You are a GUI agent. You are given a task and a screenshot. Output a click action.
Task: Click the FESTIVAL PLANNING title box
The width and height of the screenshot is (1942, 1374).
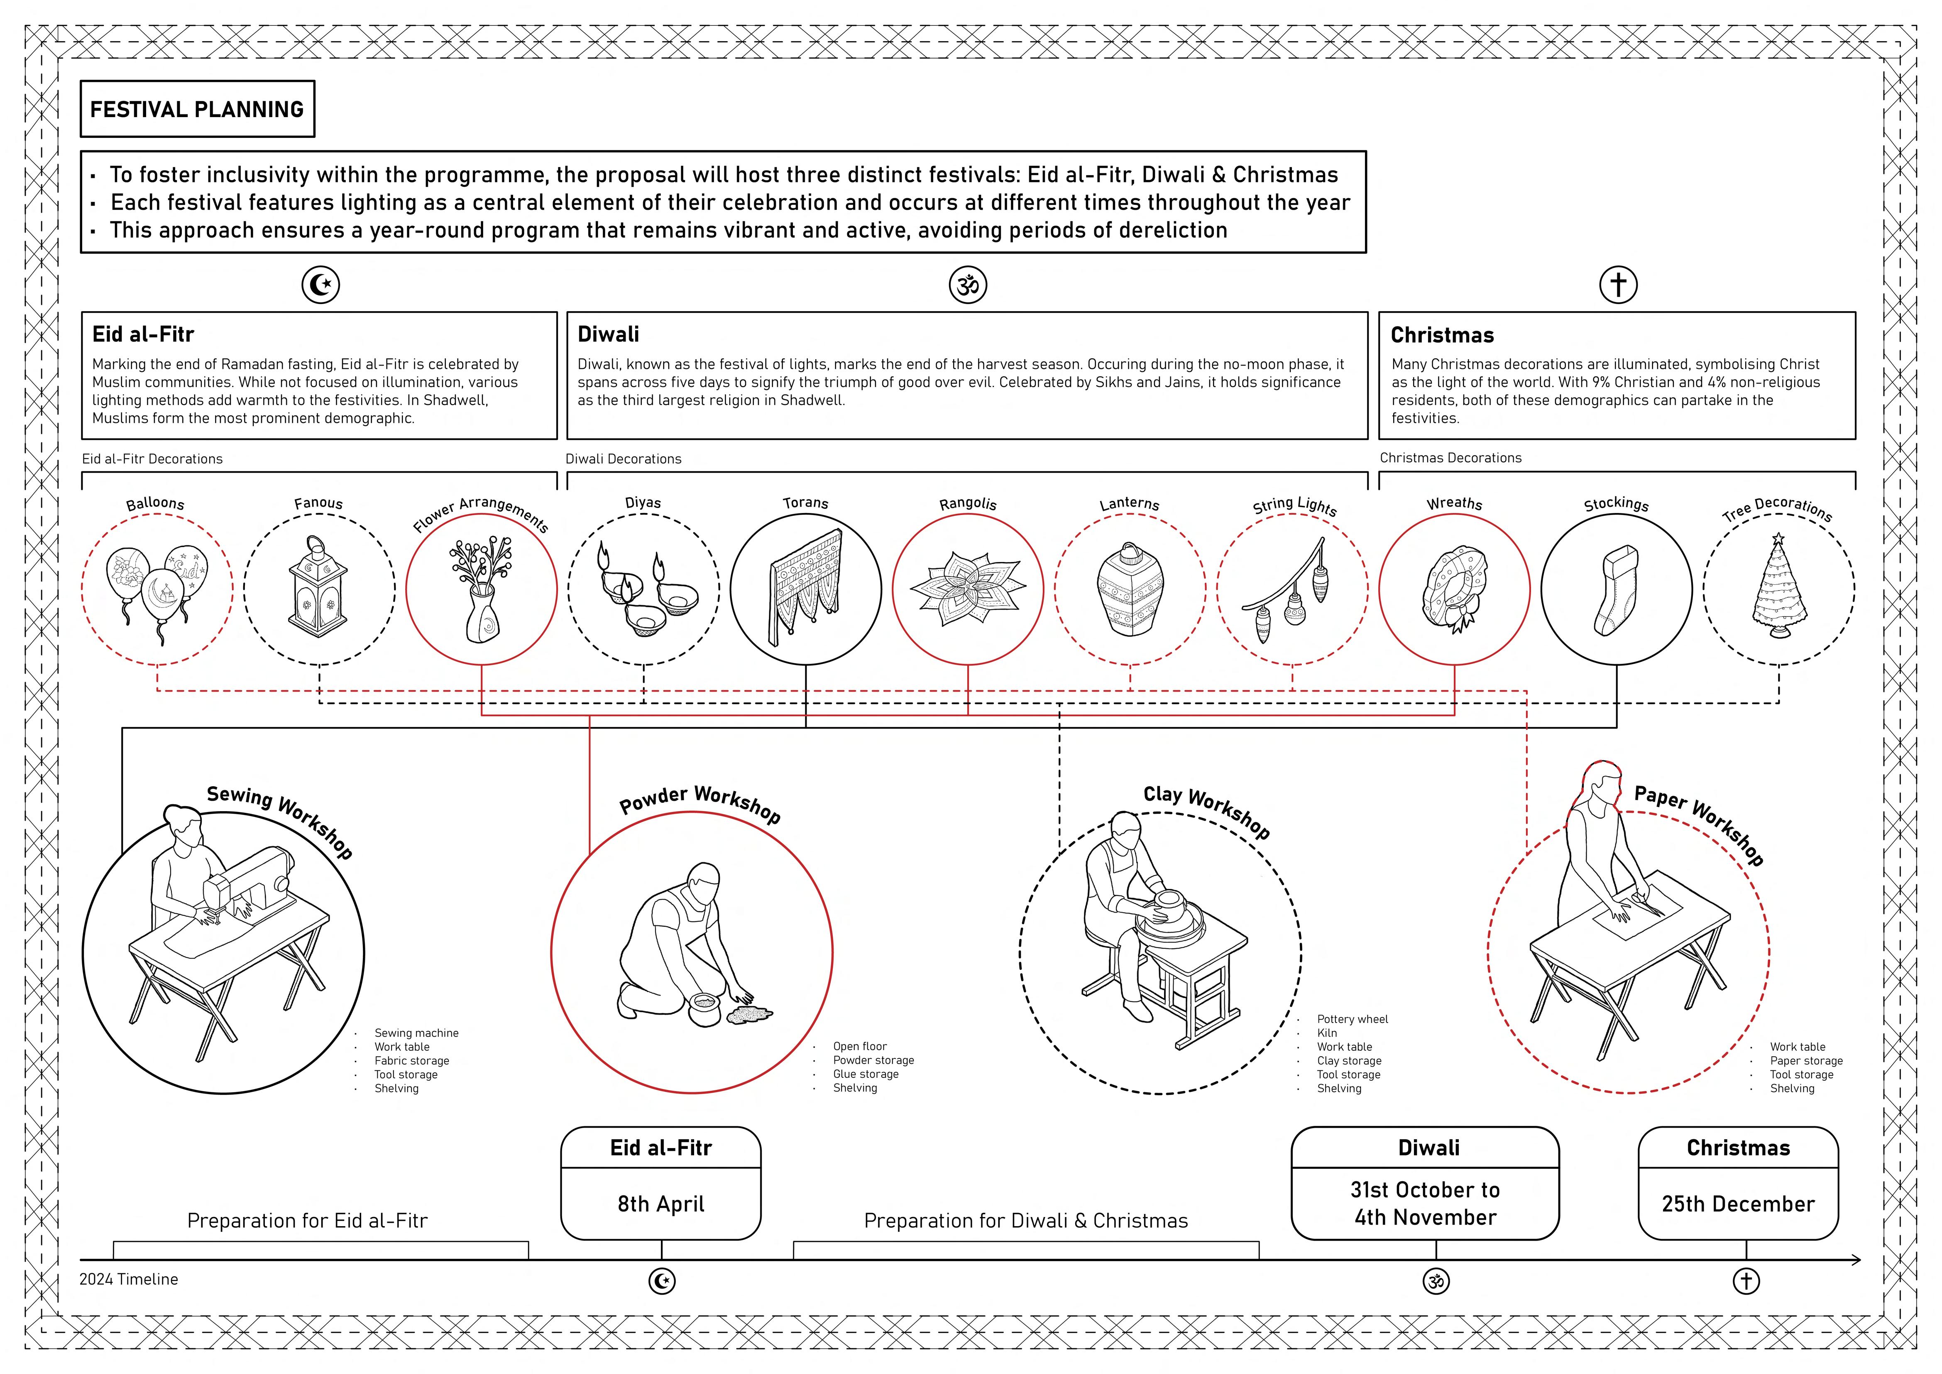pos(197,109)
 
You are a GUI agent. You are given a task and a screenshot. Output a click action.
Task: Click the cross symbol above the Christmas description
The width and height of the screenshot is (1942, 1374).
pos(1618,285)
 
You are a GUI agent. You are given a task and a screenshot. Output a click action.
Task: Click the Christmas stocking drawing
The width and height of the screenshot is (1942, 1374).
pos(1617,590)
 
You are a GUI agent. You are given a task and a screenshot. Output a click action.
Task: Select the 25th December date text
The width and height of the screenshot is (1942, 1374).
pos(1738,1204)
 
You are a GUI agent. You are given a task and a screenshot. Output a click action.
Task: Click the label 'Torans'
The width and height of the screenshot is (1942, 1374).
pos(805,503)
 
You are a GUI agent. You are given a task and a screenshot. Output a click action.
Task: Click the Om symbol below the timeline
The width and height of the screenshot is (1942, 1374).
pos(1436,1281)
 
